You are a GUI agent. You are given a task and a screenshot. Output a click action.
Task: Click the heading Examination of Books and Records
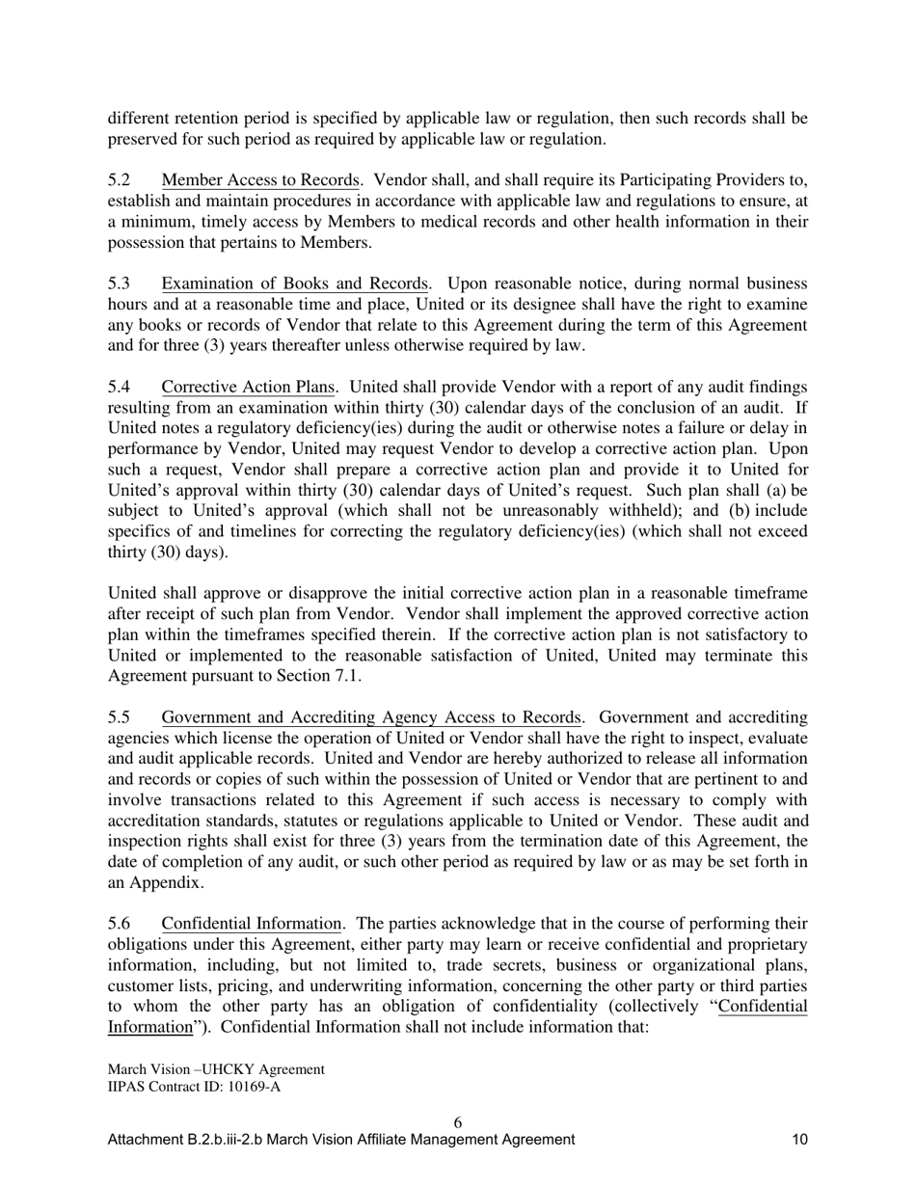294,283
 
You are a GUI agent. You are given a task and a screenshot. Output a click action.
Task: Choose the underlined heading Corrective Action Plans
248,387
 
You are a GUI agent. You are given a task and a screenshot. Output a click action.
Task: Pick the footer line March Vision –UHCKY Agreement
216,1069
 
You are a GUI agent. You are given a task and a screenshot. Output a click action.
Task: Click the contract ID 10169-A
248,1087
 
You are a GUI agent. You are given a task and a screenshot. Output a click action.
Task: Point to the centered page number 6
457,1122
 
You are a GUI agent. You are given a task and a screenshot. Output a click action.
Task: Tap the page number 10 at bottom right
799,1140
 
